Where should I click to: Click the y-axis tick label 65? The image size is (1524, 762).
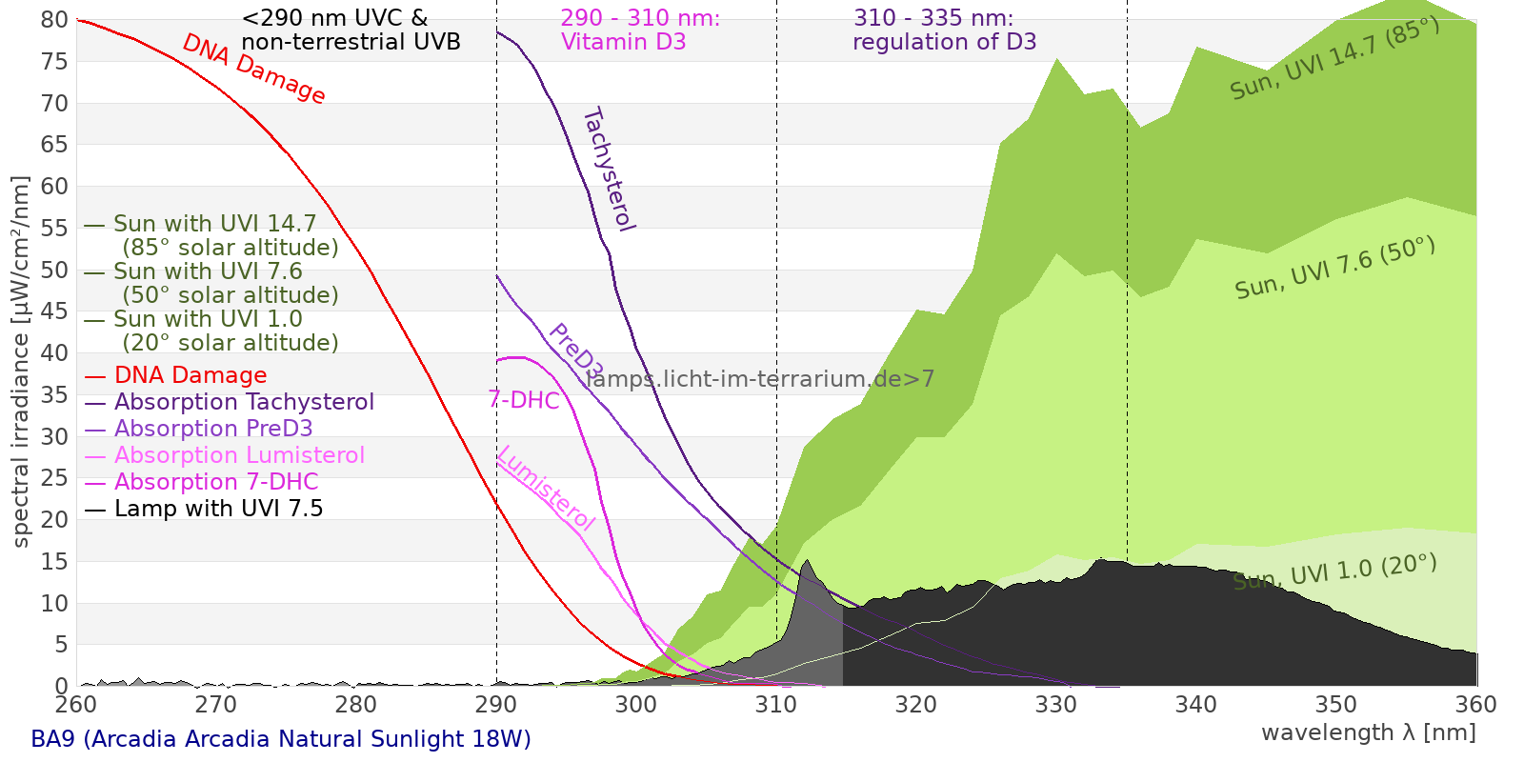(54, 145)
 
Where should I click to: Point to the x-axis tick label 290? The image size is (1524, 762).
(495, 705)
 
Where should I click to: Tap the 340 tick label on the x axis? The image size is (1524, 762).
(1195, 705)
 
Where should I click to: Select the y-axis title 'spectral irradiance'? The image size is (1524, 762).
(21, 362)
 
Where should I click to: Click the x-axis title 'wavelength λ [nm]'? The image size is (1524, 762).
(1368, 732)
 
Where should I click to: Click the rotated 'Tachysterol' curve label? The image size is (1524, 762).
(608, 170)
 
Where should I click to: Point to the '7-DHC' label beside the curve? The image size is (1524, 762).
(524, 400)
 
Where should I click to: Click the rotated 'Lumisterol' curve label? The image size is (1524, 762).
(546, 488)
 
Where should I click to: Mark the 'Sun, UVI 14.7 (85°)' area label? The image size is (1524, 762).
(1334, 59)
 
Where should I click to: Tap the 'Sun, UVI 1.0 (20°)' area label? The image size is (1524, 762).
(1334, 572)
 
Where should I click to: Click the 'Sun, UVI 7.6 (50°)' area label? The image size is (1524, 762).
(1334, 269)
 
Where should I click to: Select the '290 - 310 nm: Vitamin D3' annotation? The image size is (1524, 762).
(640, 30)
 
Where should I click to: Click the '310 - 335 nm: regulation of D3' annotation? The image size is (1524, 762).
(944, 30)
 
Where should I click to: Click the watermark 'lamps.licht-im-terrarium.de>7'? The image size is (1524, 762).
(760, 379)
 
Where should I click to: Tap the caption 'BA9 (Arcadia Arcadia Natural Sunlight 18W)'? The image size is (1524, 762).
(281, 739)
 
